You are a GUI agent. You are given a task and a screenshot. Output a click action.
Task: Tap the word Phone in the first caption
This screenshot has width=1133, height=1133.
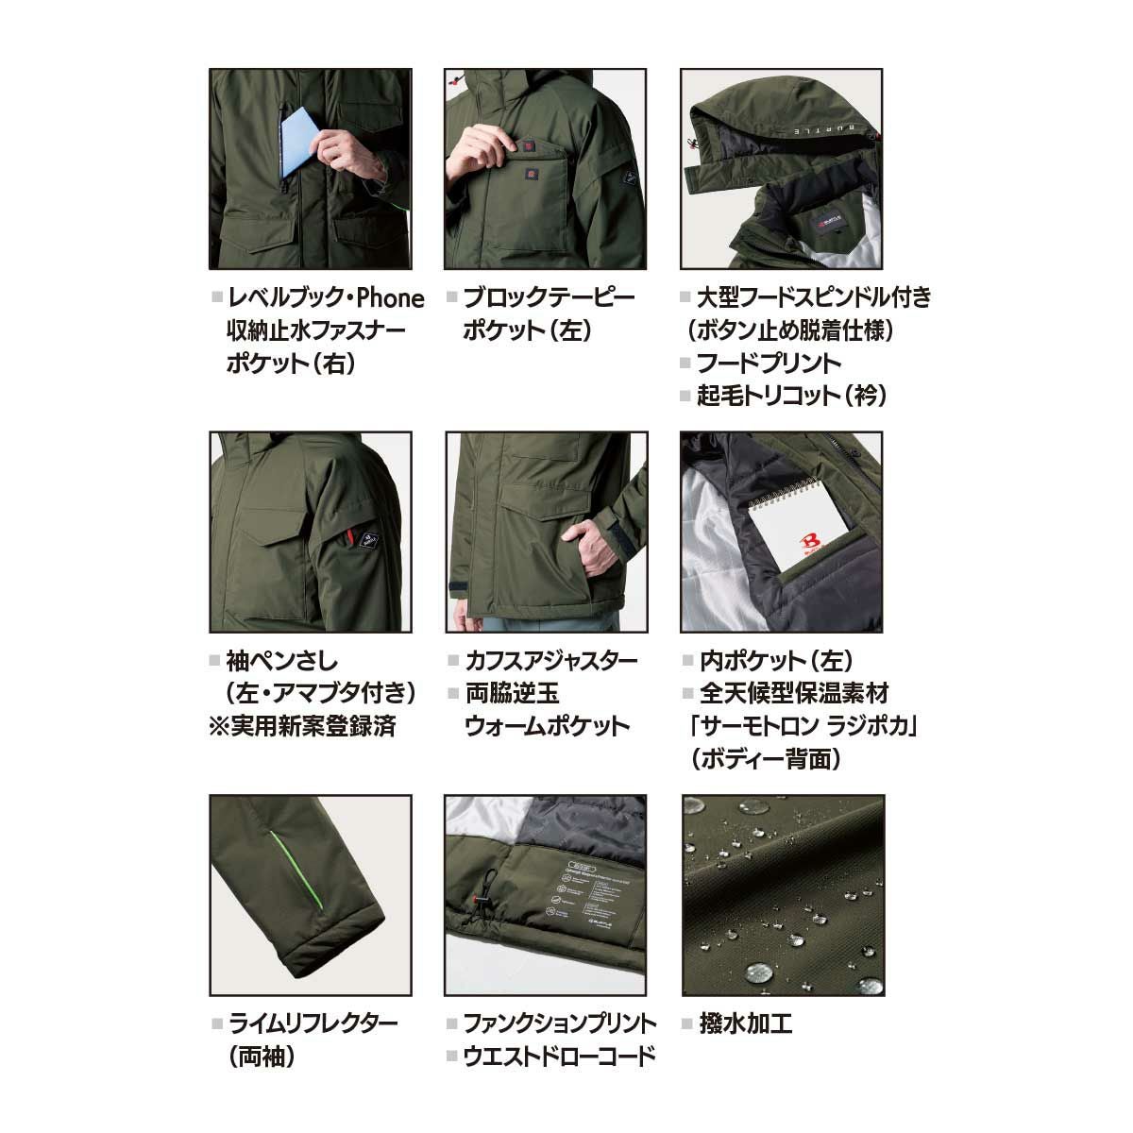pyautogui.click(x=390, y=298)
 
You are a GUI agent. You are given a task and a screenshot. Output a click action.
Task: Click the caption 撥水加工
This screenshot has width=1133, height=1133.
pyautogui.click(x=745, y=1024)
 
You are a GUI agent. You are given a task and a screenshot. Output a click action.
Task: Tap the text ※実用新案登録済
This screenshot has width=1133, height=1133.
pyautogui.click(x=302, y=726)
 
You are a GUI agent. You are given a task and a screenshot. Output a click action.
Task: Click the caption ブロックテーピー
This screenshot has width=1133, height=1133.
pyautogui.click(x=549, y=298)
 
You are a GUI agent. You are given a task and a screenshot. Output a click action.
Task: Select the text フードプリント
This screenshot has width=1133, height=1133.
pyautogui.click(x=769, y=364)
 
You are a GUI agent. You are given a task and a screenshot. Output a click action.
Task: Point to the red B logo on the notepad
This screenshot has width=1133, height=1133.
pyautogui.click(x=809, y=542)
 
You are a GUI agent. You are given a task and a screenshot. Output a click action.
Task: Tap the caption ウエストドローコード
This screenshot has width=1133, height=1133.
pyautogui.click(x=559, y=1057)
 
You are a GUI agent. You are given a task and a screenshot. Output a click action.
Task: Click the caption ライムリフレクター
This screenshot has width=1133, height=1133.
pyautogui.click(x=313, y=1024)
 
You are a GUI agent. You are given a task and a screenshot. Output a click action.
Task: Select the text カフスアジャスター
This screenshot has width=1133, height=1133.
pyautogui.click(x=550, y=662)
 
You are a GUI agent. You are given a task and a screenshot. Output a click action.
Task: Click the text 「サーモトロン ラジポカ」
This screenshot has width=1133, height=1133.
pyautogui.click(x=803, y=727)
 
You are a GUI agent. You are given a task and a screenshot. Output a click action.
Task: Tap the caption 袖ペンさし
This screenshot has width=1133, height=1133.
pyautogui.click(x=282, y=662)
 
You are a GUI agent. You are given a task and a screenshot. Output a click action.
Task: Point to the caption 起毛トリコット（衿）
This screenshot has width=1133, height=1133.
pyautogui.click(x=791, y=396)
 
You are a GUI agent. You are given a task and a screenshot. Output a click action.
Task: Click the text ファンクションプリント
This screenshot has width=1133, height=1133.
pyautogui.click(x=560, y=1024)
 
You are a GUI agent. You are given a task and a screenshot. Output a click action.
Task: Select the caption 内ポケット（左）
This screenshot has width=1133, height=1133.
pyautogui.click(x=776, y=662)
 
